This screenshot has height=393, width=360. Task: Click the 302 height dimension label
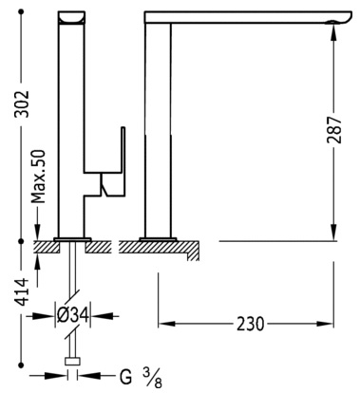(x=23, y=104)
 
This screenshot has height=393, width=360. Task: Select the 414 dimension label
(x=23, y=292)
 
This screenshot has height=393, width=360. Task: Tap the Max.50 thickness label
(x=40, y=177)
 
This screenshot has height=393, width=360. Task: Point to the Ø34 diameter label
(x=72, y=315)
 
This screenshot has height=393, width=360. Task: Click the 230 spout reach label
(x=250, y=324)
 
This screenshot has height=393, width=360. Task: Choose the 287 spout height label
(x=334, y=130)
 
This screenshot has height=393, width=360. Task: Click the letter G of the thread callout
(x=125, y=377)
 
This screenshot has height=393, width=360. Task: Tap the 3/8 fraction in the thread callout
(x=152, y=378)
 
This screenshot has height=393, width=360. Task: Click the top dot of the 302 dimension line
(x=22, y=12)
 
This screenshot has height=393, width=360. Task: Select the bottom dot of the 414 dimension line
(x=22, y=365)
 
